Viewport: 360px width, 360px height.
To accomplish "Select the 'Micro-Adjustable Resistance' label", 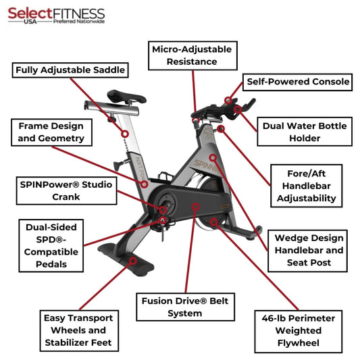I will (192, 55).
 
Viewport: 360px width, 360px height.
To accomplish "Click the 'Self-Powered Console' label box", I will (298, 82).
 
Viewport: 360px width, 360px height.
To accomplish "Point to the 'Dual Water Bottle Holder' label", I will (305, 132).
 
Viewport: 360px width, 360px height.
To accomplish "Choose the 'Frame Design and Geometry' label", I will (51, 132).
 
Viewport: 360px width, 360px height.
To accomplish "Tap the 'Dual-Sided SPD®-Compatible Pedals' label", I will (51, 245).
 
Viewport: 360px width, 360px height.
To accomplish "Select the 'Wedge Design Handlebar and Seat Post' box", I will (309, 250).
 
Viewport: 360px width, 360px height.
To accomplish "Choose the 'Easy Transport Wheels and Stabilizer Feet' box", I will (78, 330).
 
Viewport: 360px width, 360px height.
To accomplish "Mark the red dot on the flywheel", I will (213, 220).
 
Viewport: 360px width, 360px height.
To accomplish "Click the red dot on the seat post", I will (124, 134).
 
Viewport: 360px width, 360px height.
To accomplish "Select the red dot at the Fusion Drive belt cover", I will (195, 205).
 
